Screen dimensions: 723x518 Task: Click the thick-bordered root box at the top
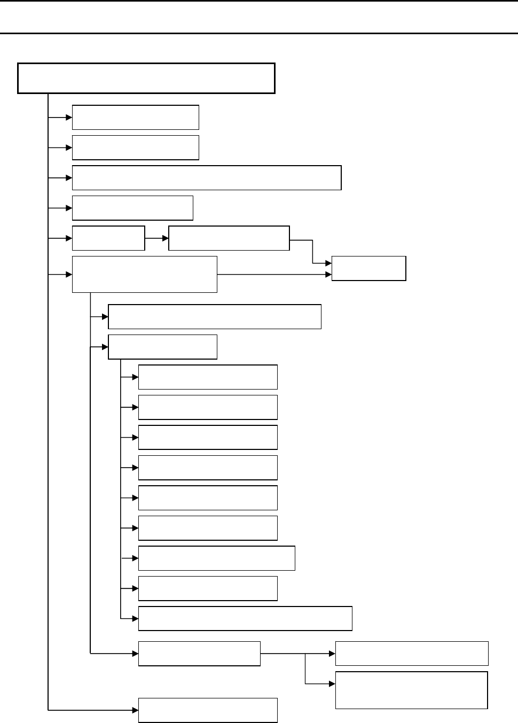146,78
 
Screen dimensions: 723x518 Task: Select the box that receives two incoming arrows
368,268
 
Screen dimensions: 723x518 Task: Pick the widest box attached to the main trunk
207,177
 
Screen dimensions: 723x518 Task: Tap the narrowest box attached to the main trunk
108,238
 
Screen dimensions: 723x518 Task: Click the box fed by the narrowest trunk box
229,238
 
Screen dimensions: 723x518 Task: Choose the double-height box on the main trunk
144,274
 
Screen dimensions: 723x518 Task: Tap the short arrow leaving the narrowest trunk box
156,238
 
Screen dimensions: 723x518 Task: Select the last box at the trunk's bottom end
208,710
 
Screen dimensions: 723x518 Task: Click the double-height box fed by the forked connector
411,690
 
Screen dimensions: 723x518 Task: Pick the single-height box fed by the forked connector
411,653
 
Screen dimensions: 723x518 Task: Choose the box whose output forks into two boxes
199,653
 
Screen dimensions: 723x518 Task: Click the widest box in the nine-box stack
245,618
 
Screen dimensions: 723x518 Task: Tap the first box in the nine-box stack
208,377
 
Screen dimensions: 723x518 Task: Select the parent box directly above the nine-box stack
162,347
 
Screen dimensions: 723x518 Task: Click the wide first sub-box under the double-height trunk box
214,317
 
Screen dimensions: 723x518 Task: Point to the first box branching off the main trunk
135,117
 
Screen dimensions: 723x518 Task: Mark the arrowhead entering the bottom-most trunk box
135,710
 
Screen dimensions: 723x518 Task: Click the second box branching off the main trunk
135,147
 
